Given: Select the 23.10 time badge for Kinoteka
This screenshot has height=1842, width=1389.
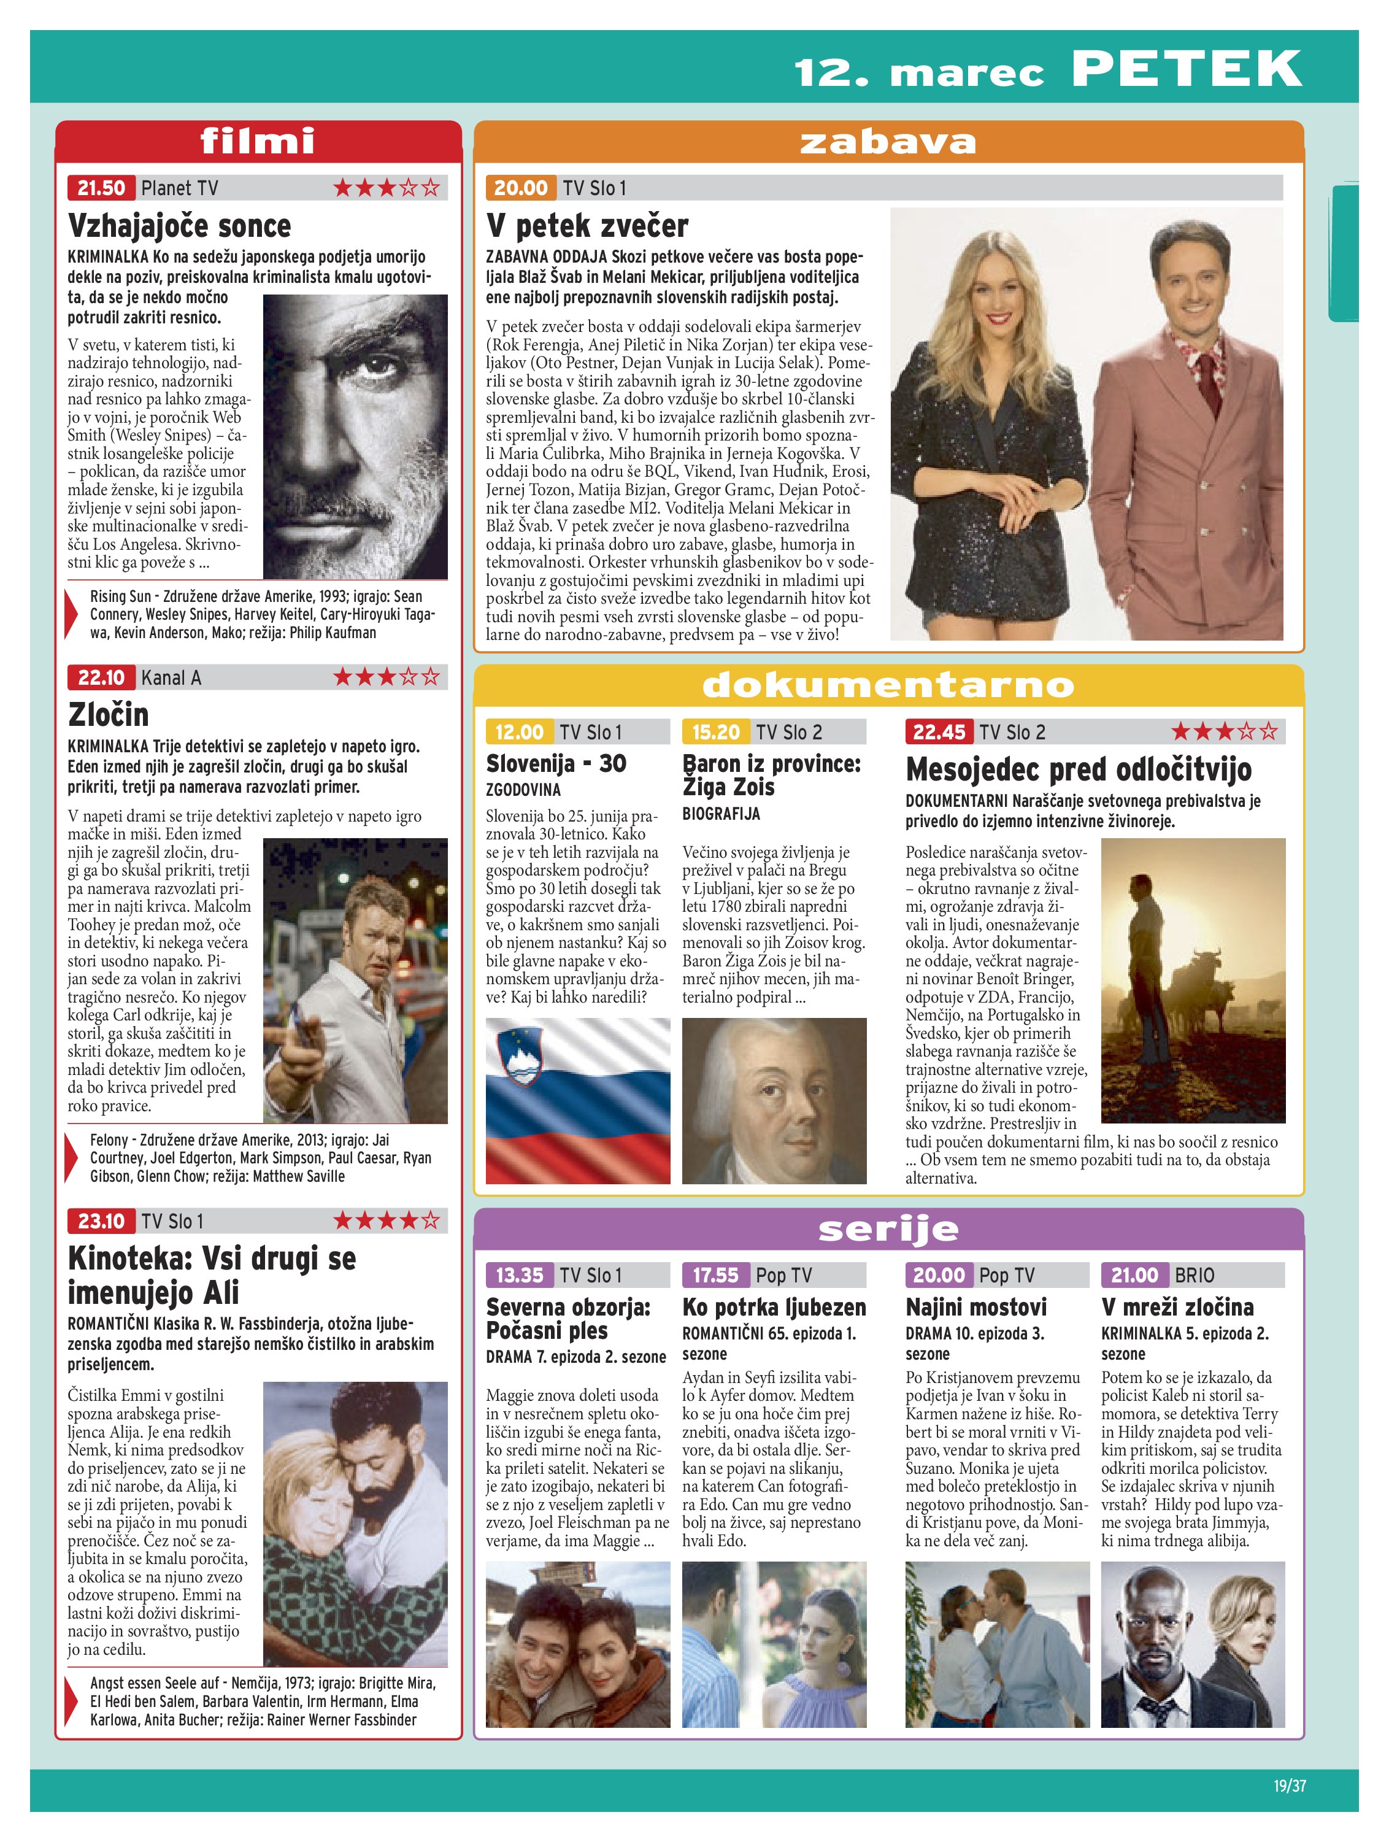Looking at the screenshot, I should [x=101, y=1222].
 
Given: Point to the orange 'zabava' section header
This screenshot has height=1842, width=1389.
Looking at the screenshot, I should [x=888, y=142].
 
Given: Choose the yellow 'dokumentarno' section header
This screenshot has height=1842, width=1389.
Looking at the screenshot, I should [x=888, y=685].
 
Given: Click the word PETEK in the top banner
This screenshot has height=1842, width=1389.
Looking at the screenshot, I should [x=1186, y=69].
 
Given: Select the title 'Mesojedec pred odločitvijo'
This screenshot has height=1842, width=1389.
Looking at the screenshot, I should [x=1079, y=769].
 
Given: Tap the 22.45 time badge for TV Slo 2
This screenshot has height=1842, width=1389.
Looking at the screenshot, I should [x=939, y=732].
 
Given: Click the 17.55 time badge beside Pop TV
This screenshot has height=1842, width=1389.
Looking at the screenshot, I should [x=715, y=1275].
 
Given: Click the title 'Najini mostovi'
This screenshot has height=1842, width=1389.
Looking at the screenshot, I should [x=976, y=1306].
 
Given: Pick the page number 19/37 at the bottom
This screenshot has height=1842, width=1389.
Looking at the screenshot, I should [x=1289, y=1786].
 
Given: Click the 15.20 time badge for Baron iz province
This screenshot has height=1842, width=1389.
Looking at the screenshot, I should [x=715, y=732].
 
